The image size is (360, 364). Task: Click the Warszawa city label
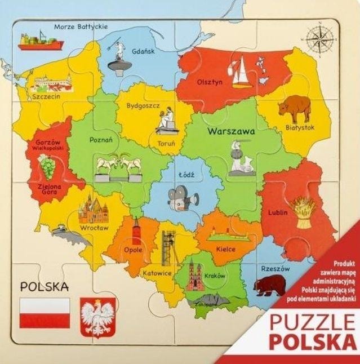(x=231, y=131)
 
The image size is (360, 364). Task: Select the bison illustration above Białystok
(x=294, y=108)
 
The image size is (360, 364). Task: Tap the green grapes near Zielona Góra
(x=47, y=166)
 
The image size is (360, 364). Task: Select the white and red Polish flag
(x=45, y=313)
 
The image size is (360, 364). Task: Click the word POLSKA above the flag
(x=45, y=286)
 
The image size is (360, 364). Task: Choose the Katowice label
(x=157, y=273)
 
